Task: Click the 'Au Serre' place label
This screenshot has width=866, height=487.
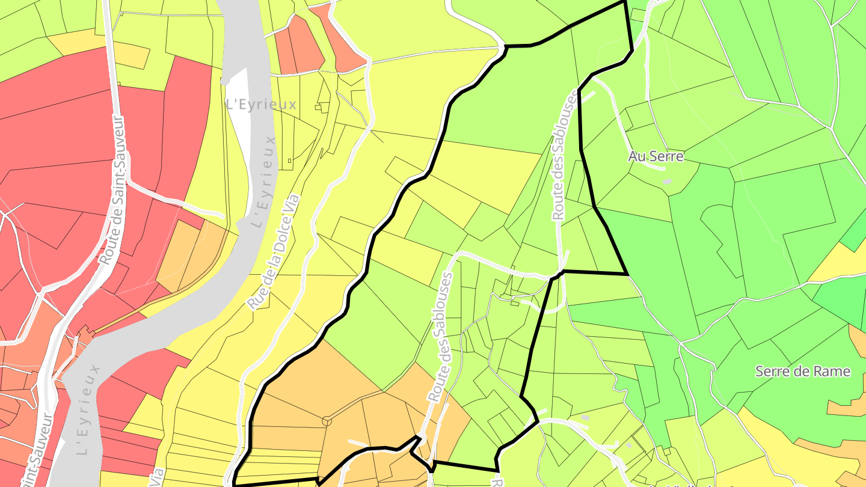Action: coord(656,156)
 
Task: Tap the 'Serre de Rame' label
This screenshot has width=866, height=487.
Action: coord(803,371)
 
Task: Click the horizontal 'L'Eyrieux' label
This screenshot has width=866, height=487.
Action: coord(261,104)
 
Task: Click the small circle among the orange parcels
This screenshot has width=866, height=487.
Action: coord(327,421)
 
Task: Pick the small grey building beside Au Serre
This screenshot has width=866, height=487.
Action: coord(666,180)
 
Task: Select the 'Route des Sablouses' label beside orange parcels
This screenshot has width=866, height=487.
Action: coord(441,336)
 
